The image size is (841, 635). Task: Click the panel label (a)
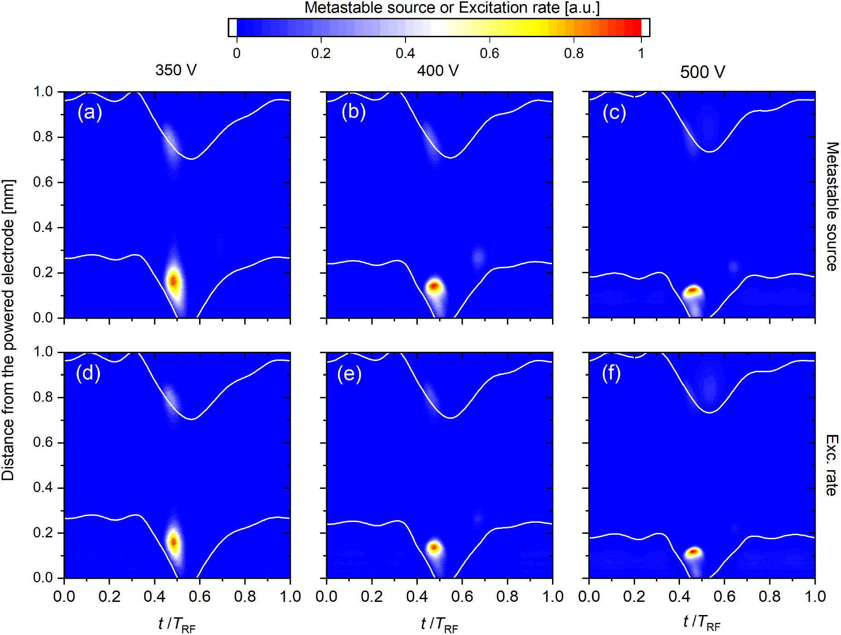(x=89, y=112)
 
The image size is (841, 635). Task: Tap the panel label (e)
(x=349, y=374)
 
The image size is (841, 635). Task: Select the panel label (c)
(x=614, y=112)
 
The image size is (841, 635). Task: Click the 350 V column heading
(x=176, y=70)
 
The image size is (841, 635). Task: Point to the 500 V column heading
(x=702, y=72)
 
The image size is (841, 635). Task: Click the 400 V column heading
(x=438, y=70)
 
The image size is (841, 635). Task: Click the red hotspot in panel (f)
(x=693, y=552)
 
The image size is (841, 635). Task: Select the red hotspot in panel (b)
(x=435, y=286)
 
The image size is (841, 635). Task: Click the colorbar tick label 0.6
(x=489, y=54)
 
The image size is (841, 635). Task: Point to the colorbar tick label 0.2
(x=321, y=54)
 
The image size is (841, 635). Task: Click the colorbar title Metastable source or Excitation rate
(x=452, y=8)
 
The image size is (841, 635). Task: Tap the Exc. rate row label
(x=831, y=465)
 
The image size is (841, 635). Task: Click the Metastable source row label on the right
(x=831, y=207)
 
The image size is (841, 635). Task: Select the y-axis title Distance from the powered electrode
(x=8, y=330)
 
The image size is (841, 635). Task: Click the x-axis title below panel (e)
(x=439, y=624)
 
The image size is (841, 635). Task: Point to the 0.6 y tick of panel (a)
(x=43, y=182)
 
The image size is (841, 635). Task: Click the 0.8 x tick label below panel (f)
(x=769, y=596)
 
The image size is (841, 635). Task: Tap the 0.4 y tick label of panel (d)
(x=43, y=487)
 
